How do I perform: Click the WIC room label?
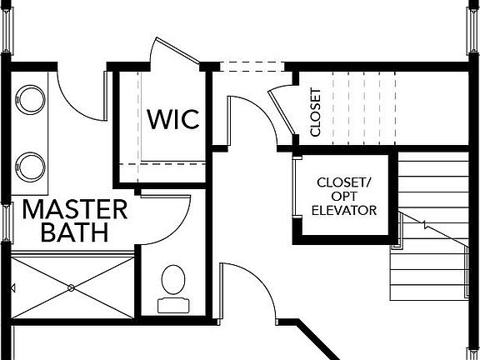click(173, 119)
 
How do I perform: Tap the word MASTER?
click(75, 209)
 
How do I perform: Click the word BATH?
click(75, 232)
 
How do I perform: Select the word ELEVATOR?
click(344, 210)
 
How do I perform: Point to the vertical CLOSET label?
click(315, 112)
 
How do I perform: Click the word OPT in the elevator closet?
click(344, 196)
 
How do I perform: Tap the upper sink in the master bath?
click(30, 100)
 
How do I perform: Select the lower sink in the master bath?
click(30, 167)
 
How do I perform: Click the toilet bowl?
click(173, 280)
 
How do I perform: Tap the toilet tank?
click(173, 305)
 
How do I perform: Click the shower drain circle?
click(71, 287)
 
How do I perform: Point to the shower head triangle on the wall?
click(12, 287)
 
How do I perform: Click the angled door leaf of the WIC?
click(177, 51)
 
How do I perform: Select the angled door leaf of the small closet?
click(282, 112)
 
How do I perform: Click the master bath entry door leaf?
click(106, 96)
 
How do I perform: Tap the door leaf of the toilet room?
click(165, 197)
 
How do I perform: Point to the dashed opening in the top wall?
click(252, 67)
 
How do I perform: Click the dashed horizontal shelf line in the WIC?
click(162, 164)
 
